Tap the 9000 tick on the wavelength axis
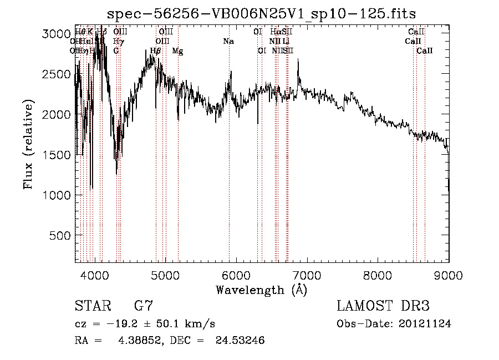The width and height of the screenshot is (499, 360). (x=449, y=275)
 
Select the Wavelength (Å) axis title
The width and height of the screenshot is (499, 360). (x=261, y=290)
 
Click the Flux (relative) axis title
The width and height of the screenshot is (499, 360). (x=28, y=144)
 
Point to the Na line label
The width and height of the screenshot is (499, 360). (x=228, y=41)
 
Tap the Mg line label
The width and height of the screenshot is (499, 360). (x=177, y=51)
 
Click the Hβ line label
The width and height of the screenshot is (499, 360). (x=156, y=51)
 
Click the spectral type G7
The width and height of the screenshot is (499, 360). (x=144, y=306)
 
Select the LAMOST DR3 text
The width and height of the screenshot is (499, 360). (x=383, y=306)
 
